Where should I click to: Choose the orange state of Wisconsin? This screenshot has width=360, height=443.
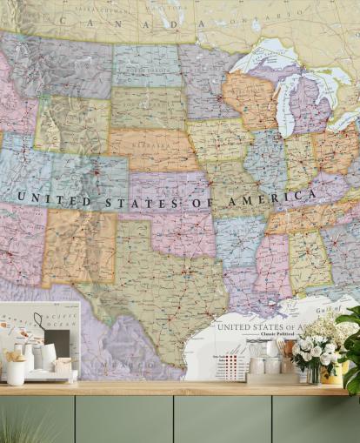pyautogui.click(x=247, y=97)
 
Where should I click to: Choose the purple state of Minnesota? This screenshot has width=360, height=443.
pyautogui.click(x=205, y=78)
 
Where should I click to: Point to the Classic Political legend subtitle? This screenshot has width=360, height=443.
pyautogui.click(x=264, y=337)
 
